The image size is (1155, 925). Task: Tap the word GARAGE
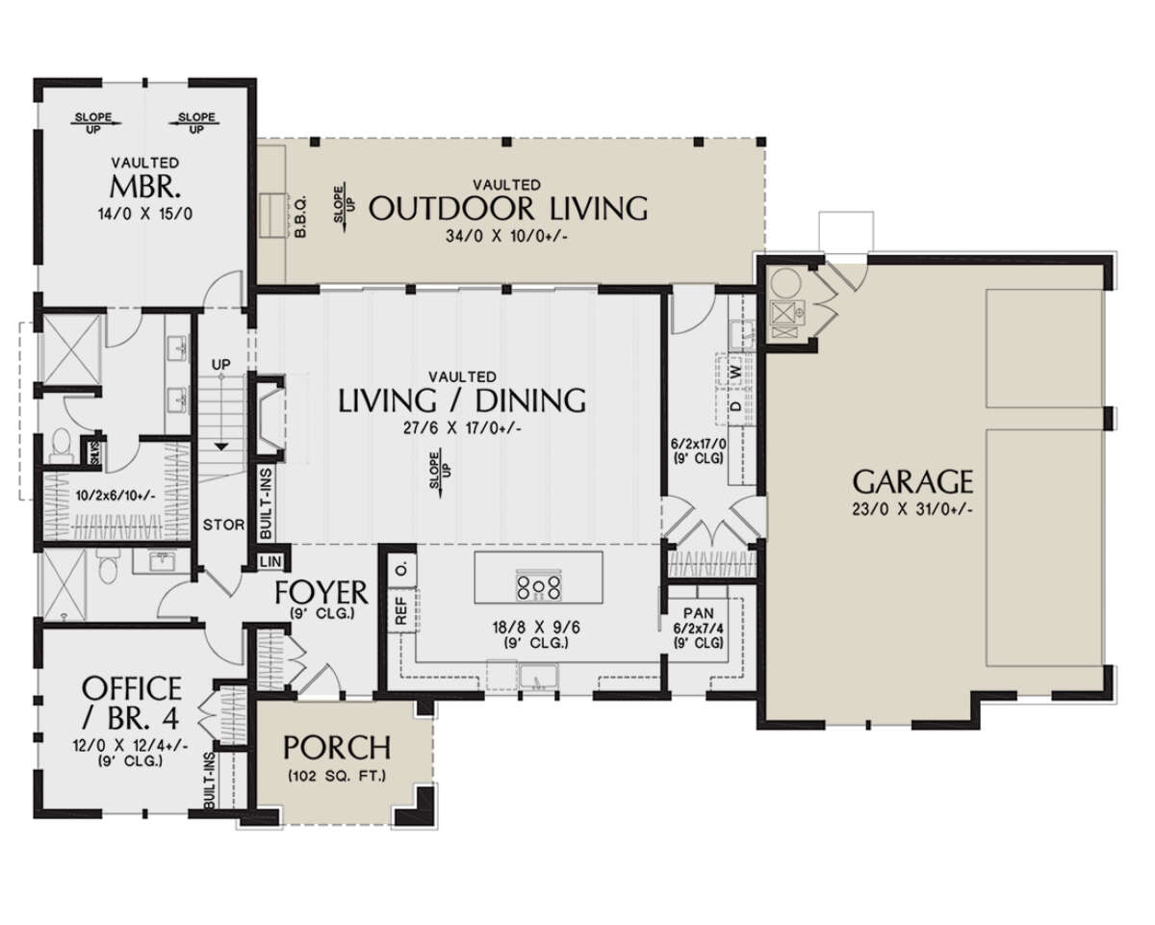912,480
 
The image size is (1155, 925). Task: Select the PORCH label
336,748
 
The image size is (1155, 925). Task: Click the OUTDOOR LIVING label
507,207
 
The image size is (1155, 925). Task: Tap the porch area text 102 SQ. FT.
336,776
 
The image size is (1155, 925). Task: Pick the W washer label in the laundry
735,371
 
